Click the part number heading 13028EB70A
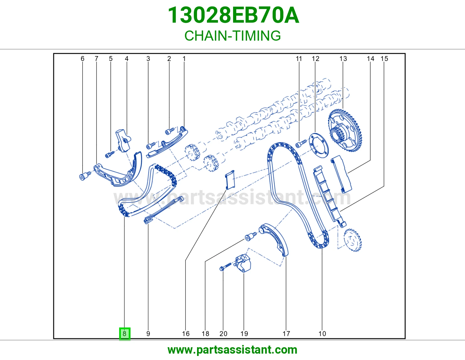[x=233, y=15]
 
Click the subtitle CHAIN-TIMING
[x=233, y=36]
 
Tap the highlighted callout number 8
[x=125, y=334]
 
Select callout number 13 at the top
[x=343, y=59]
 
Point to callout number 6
[x=82, y=59]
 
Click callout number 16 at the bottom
[x=186, y=334]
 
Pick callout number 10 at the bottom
[x=322, y=334]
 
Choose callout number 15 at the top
[x=384, y=59]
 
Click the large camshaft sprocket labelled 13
[x=345, y=130]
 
